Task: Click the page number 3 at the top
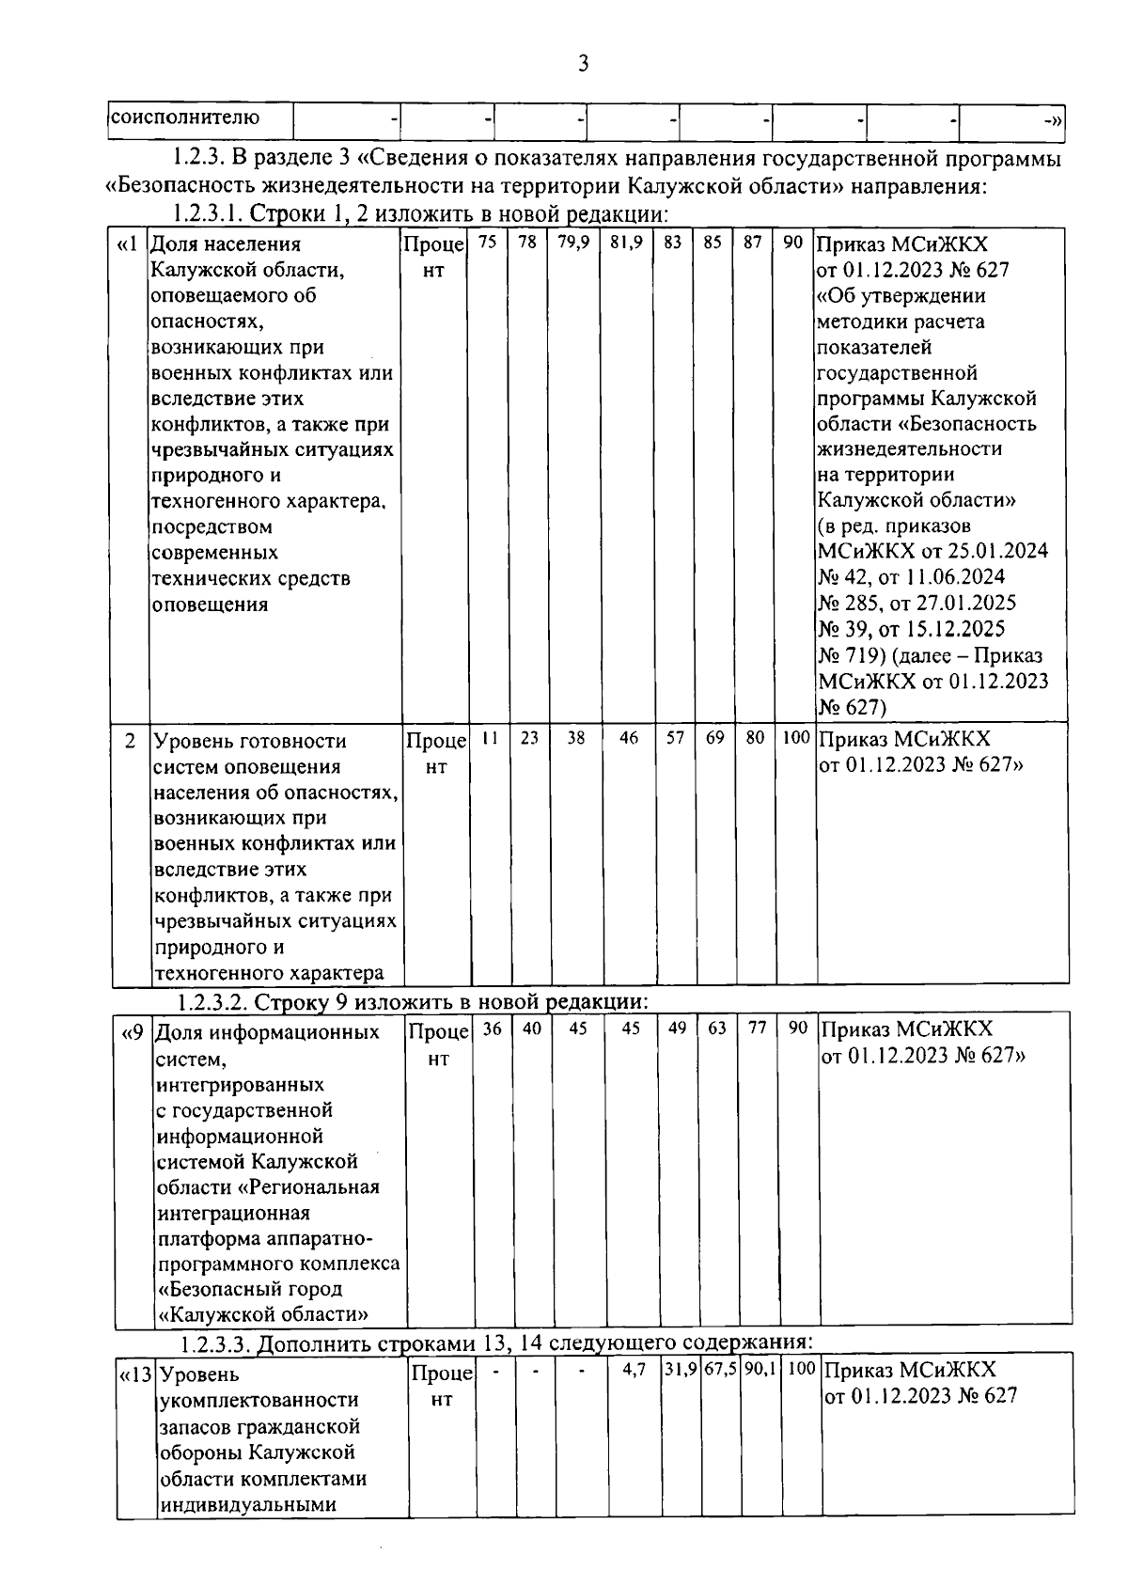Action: (583, 64)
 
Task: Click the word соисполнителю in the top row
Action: (185, 118)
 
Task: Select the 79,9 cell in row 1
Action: (573, 243)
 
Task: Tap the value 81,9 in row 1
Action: (626, 243)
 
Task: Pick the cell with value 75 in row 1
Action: (487, 243)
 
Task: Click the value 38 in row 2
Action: (575, 739)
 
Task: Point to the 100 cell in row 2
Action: (796, 739)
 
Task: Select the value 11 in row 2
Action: (489, 739)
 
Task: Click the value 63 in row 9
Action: (717, 1029)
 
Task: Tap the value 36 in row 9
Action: (491, 1029)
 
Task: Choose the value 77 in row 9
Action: (757, 1029)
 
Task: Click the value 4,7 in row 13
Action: (634, 1370)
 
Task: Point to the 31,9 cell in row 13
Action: (681, 1370)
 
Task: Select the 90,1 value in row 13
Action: (760, 1370)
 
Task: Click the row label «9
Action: (132, 1032)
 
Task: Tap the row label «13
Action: (135, 1374)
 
